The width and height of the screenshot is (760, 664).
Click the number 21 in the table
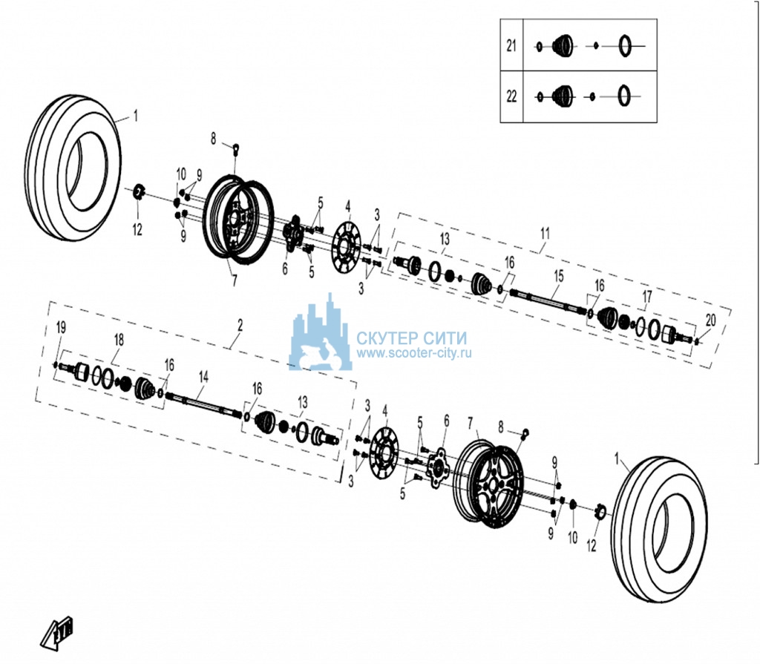[511, 46]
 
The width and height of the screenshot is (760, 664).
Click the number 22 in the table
[511, 96]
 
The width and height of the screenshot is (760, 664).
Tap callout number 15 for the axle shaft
[559, 276]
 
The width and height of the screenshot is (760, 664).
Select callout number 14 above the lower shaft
[203, 377]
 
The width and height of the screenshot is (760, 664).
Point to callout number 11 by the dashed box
[546, 234]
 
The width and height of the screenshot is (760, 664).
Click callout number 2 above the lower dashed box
[240, 325]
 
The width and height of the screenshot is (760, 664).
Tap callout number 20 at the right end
[710, 320]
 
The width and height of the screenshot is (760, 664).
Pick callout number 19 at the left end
[61, 328]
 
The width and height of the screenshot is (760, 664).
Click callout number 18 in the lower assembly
[119, 340]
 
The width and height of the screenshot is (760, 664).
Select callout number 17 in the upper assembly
[647, 296]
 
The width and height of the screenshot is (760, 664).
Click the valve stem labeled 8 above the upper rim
[236, 148]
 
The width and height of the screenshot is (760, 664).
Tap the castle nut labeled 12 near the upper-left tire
[138, 193]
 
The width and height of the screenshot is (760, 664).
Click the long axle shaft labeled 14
[203, 404]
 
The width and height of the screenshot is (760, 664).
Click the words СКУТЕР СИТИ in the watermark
[412, 338]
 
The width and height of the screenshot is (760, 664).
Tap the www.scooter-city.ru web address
[414, 353]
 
